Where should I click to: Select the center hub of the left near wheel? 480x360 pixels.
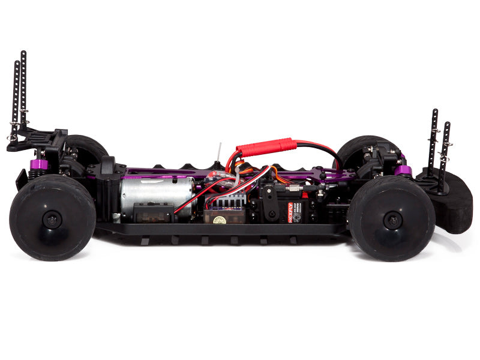point(52,218)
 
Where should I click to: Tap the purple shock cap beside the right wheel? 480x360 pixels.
point(403,170)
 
